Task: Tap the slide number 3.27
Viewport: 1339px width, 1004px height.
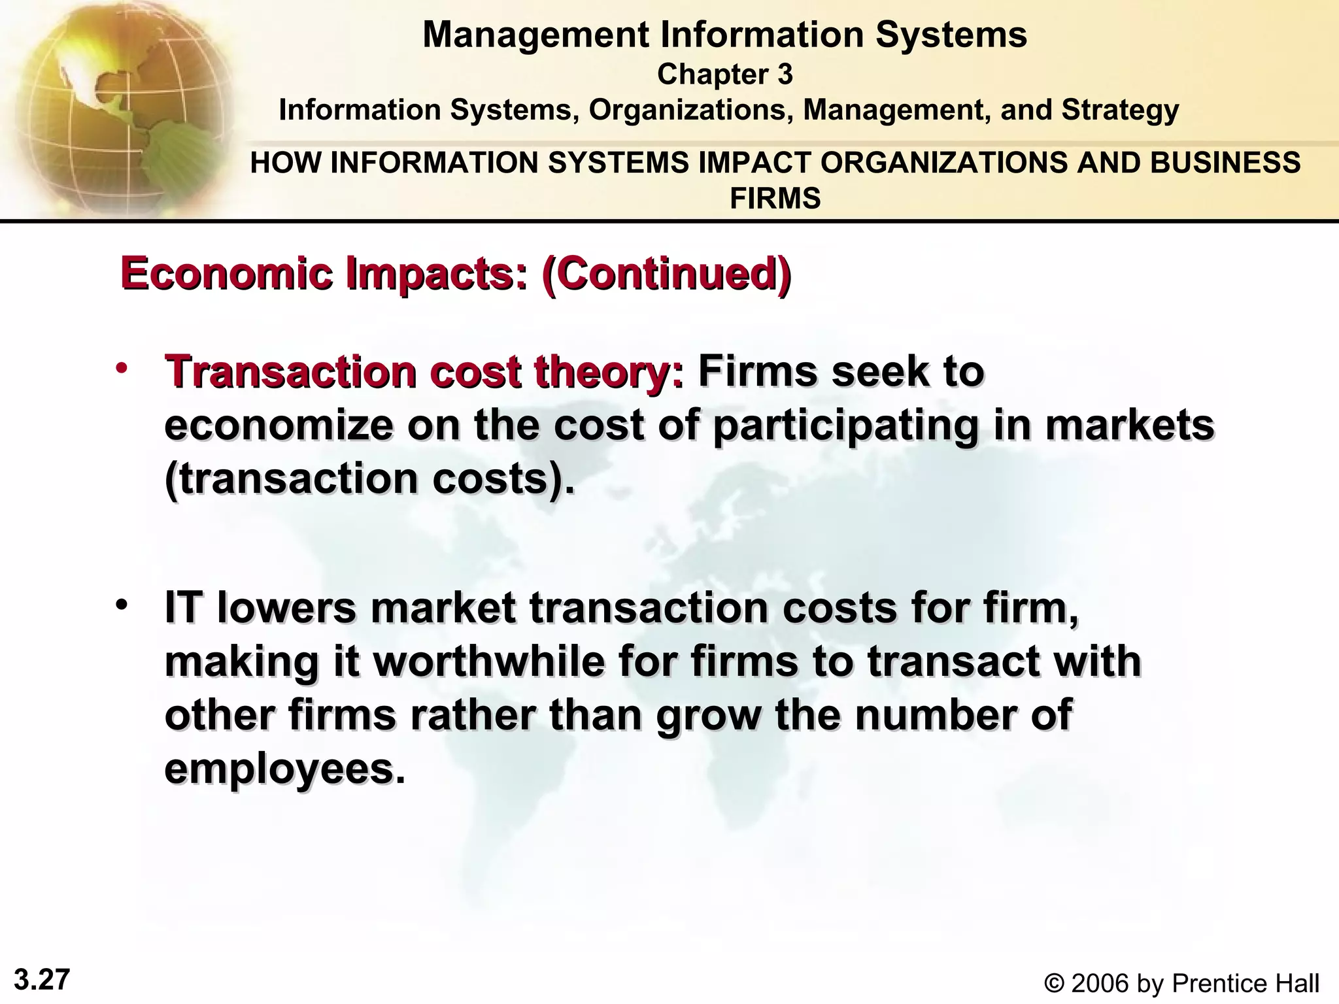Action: click(42, 980)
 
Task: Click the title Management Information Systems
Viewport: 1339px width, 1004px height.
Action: click(724, 35)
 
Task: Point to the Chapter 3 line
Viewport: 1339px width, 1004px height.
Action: click(724, 75)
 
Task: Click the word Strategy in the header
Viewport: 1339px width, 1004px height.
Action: click(1120, 110)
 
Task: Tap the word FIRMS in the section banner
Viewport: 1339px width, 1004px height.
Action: click(775, 198)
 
